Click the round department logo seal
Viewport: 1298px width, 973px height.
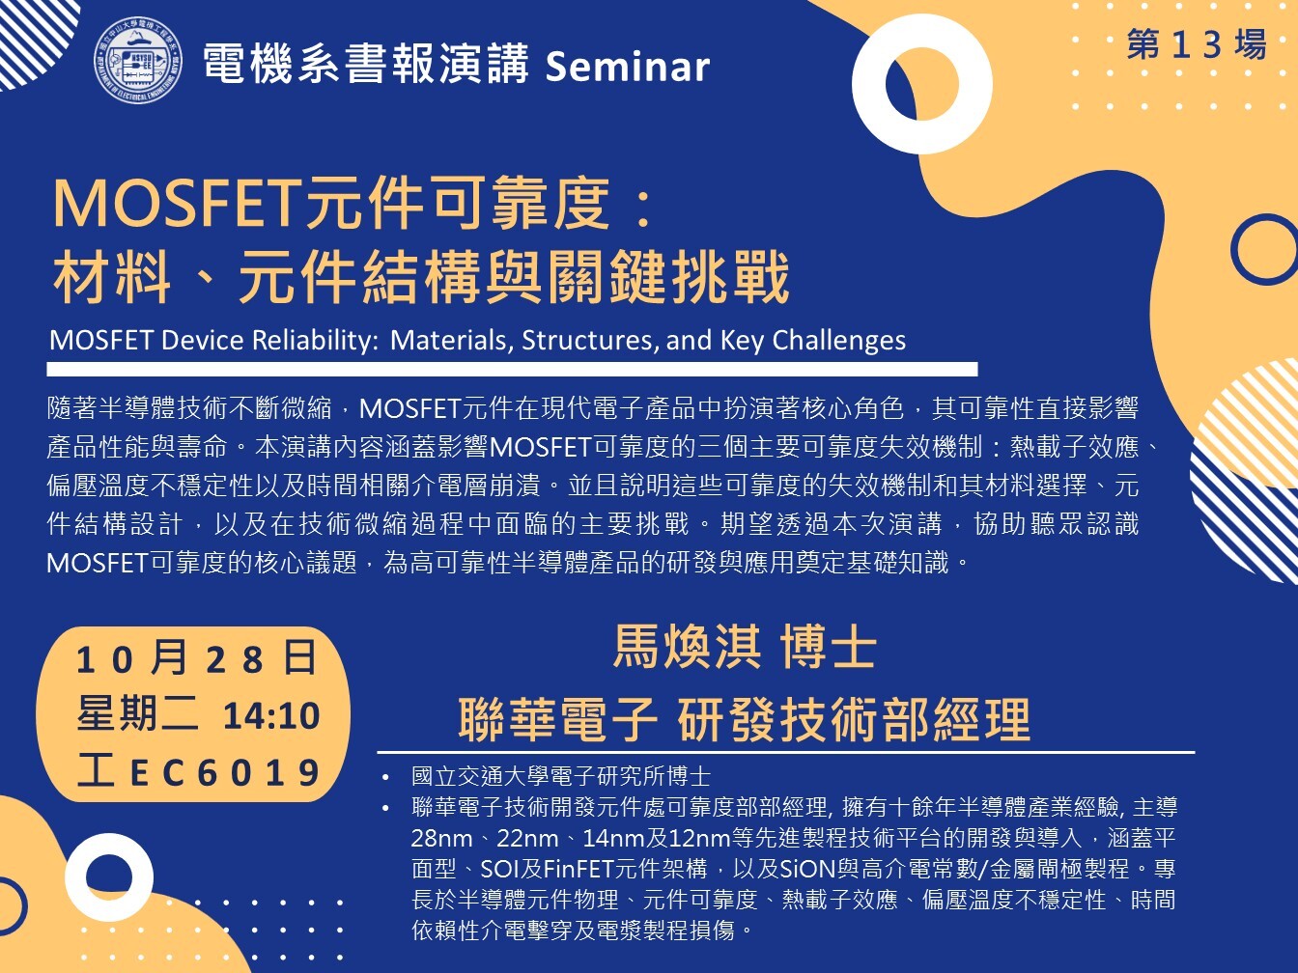[138, 60]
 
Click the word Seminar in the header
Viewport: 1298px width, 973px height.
[628, 67]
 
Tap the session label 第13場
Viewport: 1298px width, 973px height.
[1197, 44]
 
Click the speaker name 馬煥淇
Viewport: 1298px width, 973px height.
[687, 648]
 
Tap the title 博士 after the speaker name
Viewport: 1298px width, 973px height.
[828, 648]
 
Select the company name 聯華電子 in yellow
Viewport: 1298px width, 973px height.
[557, 719]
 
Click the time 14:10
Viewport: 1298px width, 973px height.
[271, 716]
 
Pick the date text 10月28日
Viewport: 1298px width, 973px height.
[196, 659]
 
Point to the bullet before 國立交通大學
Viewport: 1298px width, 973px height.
[385, 778]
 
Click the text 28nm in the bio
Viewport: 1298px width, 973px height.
[441, 838]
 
